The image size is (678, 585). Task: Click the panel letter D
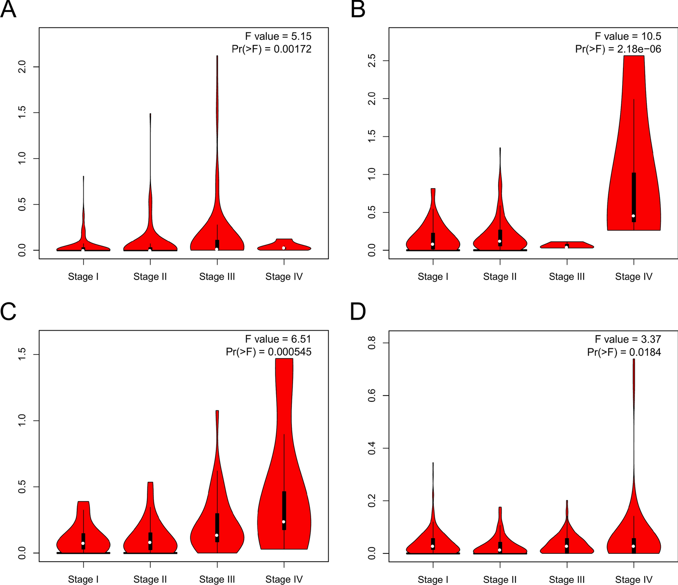click(358, 312)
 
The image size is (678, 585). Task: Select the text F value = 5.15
click(278, 36)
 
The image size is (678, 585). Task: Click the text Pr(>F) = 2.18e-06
click(618, 49)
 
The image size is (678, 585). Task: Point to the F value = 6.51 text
click(278, 339)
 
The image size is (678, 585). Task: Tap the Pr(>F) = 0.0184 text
click(624, 352)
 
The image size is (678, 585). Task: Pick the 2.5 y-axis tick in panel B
click(372, 61)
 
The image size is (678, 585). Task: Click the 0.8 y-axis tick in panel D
click(372, 343)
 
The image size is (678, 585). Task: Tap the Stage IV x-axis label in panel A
click(284, 276)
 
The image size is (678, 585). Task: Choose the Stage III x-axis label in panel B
click(567, 276)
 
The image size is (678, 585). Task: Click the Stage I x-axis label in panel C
click(83, 579)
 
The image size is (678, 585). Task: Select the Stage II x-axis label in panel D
click(499, 579)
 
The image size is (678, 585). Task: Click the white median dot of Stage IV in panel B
click(633, 216)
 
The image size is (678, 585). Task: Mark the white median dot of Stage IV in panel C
click(284, 522)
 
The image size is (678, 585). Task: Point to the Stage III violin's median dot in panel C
click(217, 535)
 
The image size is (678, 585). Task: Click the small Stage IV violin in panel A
click(284, 245)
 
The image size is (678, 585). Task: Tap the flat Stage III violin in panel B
click(567, 245)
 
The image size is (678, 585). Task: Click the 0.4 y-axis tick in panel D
click(372, 448)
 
